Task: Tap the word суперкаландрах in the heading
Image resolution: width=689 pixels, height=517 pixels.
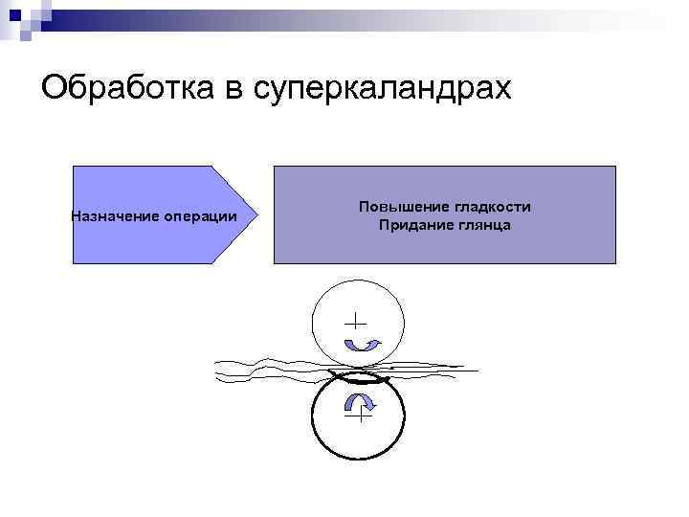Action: point(382,88)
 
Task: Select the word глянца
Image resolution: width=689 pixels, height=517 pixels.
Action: point(482,225)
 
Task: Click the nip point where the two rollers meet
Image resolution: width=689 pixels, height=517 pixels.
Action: point(359,371)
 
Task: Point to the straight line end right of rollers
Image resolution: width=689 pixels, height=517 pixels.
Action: point(476,370)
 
